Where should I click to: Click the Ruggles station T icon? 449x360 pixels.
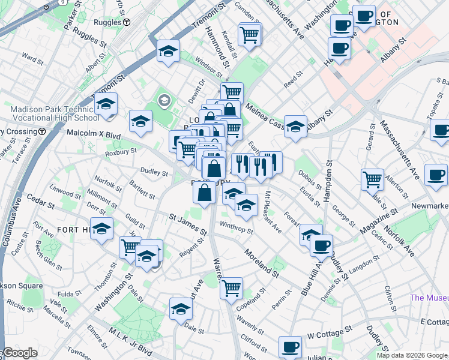tap(127, 22)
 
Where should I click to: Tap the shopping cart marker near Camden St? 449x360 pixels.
tap(249, 34)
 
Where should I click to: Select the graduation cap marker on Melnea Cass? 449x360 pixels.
tap(295, 126)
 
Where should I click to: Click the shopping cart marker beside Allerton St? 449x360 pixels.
tap(372, 179)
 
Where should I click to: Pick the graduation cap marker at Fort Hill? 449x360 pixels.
tap(102, 229)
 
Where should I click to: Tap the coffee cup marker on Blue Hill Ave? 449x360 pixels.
tap(322, 245)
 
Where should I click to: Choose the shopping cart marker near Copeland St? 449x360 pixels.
tap(231, 288)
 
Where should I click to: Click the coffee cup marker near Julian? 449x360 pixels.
tap(291, 347)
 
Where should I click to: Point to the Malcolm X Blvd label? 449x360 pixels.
tap(90, 133)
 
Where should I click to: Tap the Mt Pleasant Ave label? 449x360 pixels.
tap(273, 211)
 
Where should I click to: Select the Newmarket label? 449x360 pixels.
tap(429, 206)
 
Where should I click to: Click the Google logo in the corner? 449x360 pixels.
tap(19, 353)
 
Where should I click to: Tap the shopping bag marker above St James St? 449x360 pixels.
tap(205, 192)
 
